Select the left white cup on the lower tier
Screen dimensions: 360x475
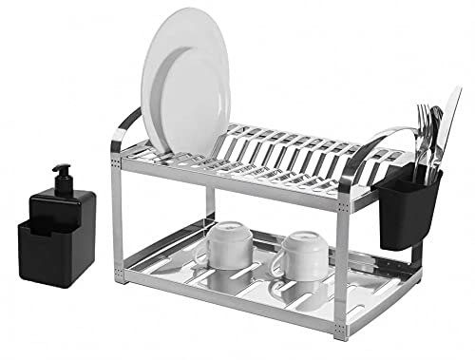point(228,248)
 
